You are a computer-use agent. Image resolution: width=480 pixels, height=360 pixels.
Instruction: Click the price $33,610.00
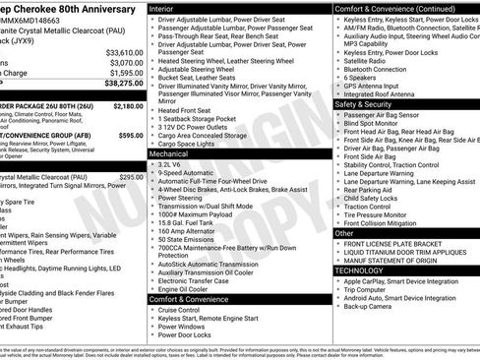(x=124, y=52)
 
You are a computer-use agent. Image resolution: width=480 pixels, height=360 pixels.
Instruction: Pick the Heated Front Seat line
(x=187, y=110)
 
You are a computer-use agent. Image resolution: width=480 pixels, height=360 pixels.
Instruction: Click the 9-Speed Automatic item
(x=192, y=173)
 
